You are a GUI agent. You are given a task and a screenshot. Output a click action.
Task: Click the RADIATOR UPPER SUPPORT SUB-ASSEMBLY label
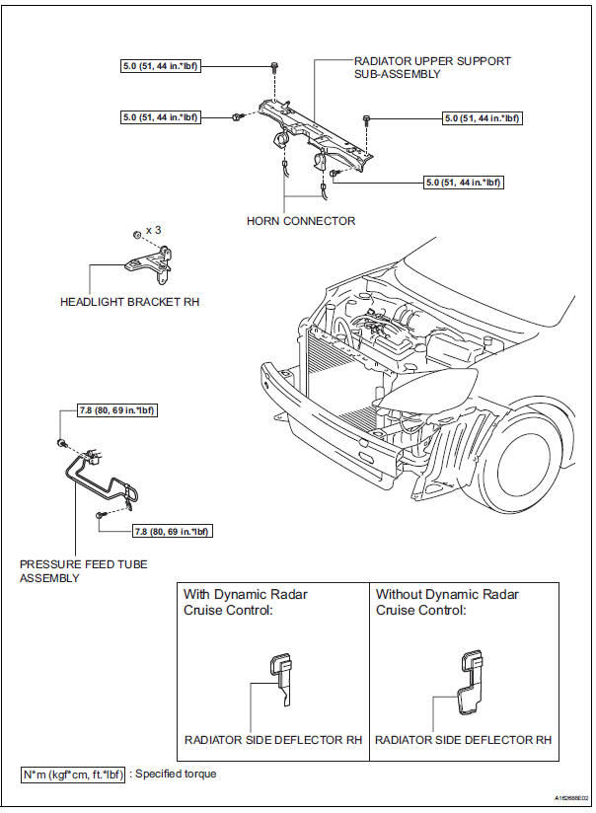(x=432, y=67)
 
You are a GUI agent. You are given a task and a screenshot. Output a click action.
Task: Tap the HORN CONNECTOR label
(x=301, y=221)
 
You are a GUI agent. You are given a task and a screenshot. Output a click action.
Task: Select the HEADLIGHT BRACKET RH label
(x=129, y=302)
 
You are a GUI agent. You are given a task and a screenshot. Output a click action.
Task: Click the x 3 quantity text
(x=154, y=230)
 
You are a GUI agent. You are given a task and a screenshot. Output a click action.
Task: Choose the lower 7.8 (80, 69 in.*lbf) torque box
(x=173, y=531)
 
